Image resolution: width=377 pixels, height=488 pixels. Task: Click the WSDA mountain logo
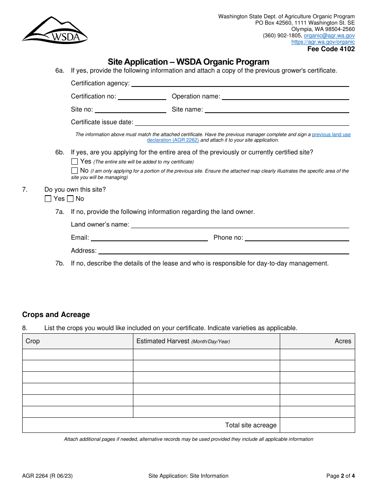pos(55,30)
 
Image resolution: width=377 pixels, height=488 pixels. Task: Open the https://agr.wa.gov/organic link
pos(323,42)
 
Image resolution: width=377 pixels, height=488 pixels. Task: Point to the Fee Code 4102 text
pos(331,49)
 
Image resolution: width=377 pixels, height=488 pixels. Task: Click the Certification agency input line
pos(240,83)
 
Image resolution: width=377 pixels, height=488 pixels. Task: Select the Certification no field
pos(142,96)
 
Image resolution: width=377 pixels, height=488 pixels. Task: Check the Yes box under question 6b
pos(75,161)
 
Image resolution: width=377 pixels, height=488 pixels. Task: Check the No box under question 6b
pos(75,171)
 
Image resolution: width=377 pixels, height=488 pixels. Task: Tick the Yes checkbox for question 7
pos(48,199)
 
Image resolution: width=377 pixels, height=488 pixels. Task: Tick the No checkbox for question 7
pos(70,199)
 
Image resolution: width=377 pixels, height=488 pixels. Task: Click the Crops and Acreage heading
pos(56,315)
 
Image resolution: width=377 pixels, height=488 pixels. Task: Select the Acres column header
pos(342,341)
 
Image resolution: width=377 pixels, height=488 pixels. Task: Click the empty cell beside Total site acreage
pos(317,425)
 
